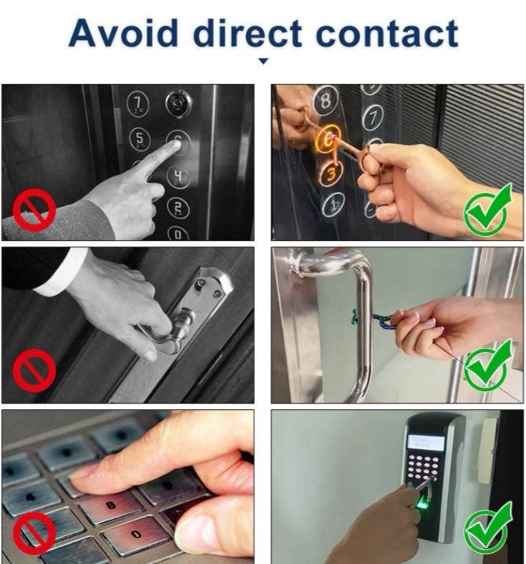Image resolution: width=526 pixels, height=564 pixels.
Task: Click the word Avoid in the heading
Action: tap(123, 33)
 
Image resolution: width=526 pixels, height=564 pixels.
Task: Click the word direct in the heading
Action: tap(248, 33)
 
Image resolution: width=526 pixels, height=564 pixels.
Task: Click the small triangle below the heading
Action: tap(263, 61)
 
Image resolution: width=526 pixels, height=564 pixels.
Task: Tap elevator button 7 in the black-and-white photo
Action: tap(138, 104)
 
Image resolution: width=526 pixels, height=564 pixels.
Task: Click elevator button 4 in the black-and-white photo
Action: tap(178, 176)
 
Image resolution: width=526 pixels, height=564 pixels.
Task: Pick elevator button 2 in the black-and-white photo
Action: tap(179, 209)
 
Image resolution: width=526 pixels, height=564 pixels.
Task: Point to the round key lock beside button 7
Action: tap(178, 104)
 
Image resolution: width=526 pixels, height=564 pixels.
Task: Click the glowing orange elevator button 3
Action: tap(331, 173)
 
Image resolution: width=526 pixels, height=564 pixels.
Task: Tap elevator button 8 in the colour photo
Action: tap(325, 100)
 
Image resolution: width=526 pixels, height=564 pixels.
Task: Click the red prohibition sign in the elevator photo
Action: tap(35, 210)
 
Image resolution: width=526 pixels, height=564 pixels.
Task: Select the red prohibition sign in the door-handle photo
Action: tap(35, 371)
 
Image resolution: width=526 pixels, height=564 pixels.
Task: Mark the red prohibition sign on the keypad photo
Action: tap(35, 533)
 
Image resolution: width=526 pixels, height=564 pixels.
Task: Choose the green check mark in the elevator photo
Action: tap(488, 210)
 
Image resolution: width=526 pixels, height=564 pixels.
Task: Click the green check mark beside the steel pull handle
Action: tap(488, 366)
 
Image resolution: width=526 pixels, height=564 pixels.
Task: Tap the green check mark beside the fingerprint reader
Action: tap(488, 527)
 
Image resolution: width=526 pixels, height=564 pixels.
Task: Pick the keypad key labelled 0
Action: tap(136, 535)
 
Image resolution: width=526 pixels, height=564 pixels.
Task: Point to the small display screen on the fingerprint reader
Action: tap(425, 442)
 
